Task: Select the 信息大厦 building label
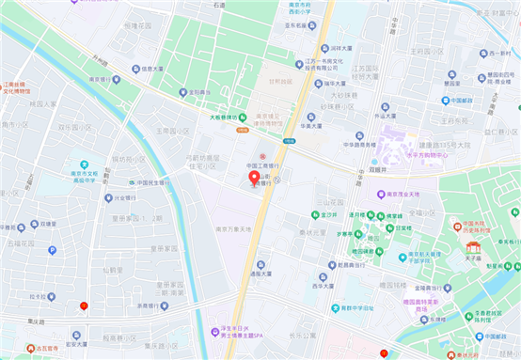(154, 68)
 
